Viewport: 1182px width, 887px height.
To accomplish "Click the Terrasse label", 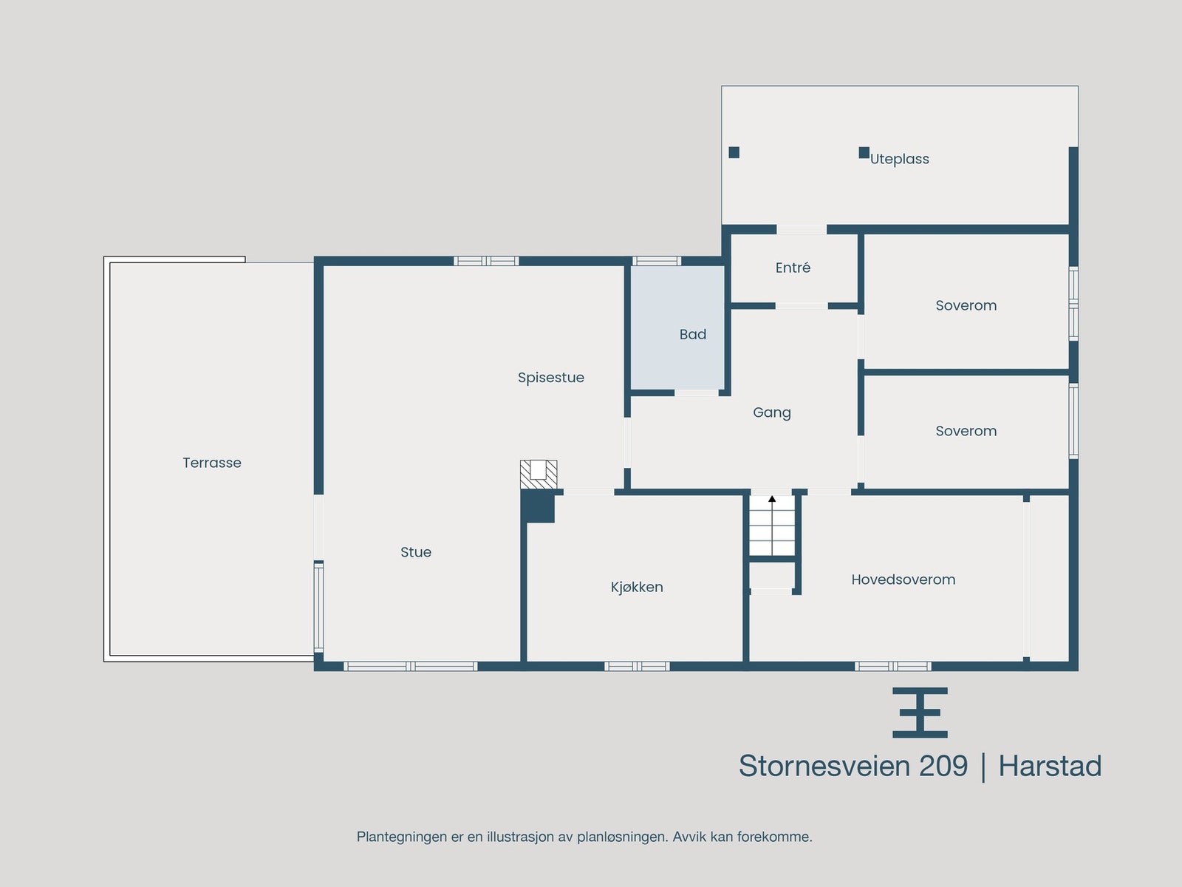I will click(x=212, y=463).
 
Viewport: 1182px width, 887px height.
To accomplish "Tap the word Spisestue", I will click(x=550, y=378).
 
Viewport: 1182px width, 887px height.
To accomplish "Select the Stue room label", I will click(x=416, y=552).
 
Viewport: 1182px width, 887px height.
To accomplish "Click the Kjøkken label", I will click(x=637, y=587).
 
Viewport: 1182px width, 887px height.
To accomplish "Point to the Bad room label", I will click(x=693, y=334).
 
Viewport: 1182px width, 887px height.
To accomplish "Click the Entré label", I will click(x=793, y=268).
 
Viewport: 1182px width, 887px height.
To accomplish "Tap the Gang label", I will click(x=772, y=412).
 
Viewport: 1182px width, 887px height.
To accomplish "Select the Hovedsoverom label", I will click(x=903, y=580).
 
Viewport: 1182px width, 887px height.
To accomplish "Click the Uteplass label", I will click(x=900, y=159).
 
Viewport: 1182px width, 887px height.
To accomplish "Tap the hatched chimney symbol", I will click(x=539, y=474).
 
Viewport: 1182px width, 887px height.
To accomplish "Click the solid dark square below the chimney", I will click(x=539, y=509).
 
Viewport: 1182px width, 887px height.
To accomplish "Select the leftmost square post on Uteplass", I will click(x=734, y=152).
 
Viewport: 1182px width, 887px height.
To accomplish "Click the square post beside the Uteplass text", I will click(x=864, y=152).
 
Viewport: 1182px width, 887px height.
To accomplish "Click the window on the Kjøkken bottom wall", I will click(x=637, y=666).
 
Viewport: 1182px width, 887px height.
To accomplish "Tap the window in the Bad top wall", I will click(x=657, y=261).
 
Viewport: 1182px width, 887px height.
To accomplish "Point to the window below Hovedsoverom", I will click(x=892, y=666).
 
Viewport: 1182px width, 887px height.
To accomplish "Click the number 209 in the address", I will click(x=943, y=766).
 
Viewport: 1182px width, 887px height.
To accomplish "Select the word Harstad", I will click(x=1050, y=766).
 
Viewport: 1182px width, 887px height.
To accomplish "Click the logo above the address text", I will click(x=920, y=713).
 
